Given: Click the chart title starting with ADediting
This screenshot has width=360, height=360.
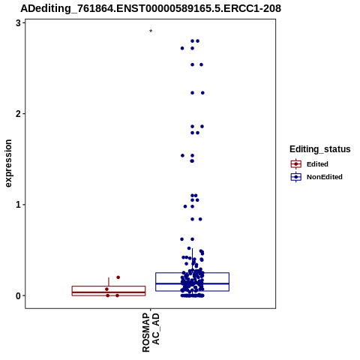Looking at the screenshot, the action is pyautogui.click(x=151, y=8).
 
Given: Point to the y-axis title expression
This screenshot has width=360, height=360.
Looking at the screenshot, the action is pyautogui.click(x=8, y=163).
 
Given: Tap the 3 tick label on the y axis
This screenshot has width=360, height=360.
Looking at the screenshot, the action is pyautogui.click(x=18, y=23).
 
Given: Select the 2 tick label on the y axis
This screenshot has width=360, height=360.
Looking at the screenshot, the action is pyautogui.click(x=18, y=114).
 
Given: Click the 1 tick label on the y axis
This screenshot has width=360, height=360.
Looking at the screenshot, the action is pyautogui.click(x=18, y=205).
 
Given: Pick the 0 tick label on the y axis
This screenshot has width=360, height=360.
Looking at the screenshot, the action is pyautogui.click(x=18, y=295).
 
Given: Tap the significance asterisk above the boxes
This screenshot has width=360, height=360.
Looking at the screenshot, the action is pyautogui.click(x=151, y=31).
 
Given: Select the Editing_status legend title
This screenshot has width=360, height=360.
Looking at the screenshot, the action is pyautogui.click(x=320, y=149).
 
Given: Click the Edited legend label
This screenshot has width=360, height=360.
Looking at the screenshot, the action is pyautogui.click(x=317, y=164).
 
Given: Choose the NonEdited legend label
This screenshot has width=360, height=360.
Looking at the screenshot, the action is pyautogui.click(x=325, y=177).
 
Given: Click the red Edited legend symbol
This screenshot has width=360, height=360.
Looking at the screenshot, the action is pyautogui.click(x=296, y=164).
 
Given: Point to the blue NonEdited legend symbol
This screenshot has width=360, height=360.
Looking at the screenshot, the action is pyautogui.click(x=296, y=177).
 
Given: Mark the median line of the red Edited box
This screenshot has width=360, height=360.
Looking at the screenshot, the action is pyautogui.click(x=109, y=292).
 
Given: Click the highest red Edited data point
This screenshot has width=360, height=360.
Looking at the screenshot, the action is pyautogui.click(x=118, y=277).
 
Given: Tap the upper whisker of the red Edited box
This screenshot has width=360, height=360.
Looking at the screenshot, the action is pyautogui.click(x=109, y=282).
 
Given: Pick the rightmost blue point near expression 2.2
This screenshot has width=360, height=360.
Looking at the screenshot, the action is pyautogui.click(x=202, y=93).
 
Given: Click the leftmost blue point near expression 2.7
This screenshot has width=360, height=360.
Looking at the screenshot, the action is pyautogui.click(x=182, y=48).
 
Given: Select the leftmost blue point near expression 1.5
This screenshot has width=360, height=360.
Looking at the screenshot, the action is pyautogui.click(x=182, y=155).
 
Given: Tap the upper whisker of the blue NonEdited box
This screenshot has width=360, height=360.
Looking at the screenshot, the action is pyautogui.click(x=192, y=260).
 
